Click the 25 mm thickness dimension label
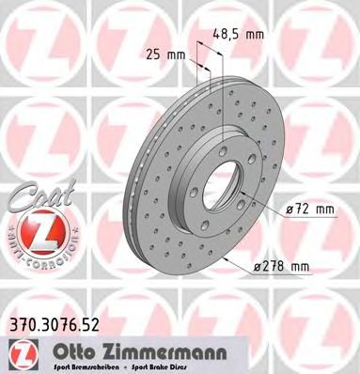pyautogui.click(x=162, y=54)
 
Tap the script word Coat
pyautogui.click(x=35, y=197)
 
